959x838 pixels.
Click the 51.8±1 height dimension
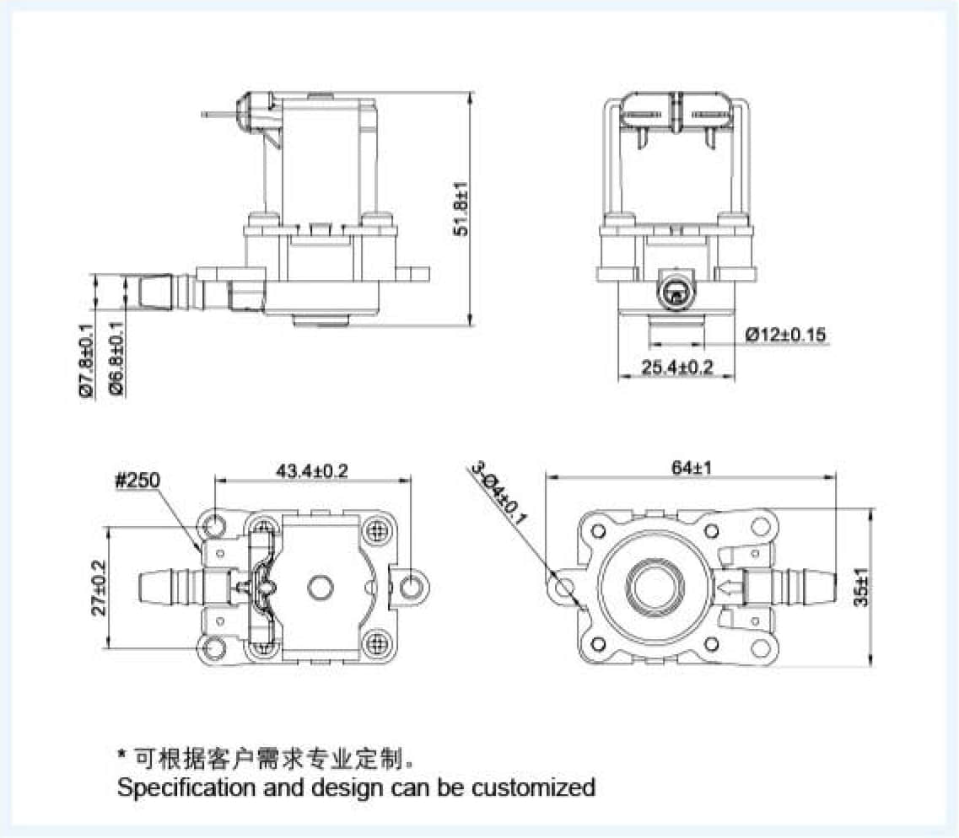[x=462, y=208]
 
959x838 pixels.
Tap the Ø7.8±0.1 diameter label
[x=86, y=363]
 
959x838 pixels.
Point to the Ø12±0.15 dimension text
[x=786, y=335]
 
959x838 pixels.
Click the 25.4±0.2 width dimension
[x=677, y=368]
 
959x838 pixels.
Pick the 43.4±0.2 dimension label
[x=312, y=471]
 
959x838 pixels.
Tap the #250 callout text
[x=137, y=481]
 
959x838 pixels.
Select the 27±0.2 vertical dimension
[x=99, y=588]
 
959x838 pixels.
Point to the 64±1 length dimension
[x=692, y=468]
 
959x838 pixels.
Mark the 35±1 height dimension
[x=862, y=588]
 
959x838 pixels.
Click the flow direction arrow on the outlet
[x=731, y=588]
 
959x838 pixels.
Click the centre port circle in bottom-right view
[x=655, y=588]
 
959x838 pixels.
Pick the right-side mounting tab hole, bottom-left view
[x=409, y=588]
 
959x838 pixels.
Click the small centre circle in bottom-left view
[x=319, y=588]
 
